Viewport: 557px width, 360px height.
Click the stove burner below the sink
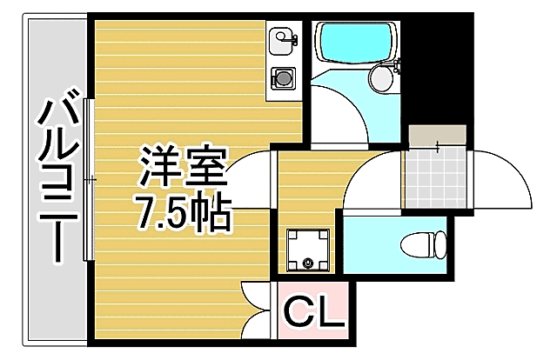point(283,77)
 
